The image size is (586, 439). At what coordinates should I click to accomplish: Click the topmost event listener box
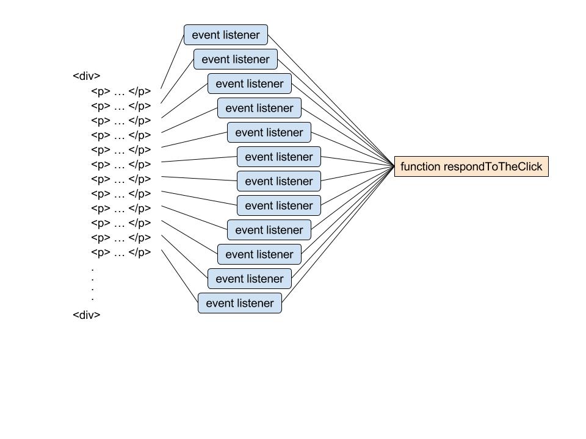tap(225, 35)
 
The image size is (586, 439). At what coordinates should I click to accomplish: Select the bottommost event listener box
tap(239, 303)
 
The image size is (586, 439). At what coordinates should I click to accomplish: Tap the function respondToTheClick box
tap(471, 166)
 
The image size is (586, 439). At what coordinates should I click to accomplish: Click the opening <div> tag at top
tap(86, 76)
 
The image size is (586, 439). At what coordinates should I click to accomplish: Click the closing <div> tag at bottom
tap(86, 315)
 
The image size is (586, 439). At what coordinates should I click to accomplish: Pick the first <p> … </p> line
tap(121, 91)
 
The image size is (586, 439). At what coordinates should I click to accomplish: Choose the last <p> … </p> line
tap(121, 252)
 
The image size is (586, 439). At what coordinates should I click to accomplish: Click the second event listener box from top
tap(235, 59)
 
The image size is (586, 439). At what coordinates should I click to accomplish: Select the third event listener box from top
tap(249, 84)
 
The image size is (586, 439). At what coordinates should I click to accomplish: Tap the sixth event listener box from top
tap(278, 157)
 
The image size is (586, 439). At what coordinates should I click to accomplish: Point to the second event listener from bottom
tap(249, 279)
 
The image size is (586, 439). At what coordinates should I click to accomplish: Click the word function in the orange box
tap(420, 166)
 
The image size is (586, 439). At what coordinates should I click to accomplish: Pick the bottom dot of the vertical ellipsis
tap(92, 299)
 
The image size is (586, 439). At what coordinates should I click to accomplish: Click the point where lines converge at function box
tap(394, 166)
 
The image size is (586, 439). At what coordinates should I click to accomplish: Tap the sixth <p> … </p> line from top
tap(121, 165)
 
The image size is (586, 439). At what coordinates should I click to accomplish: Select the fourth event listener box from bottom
tap(269, 230)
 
